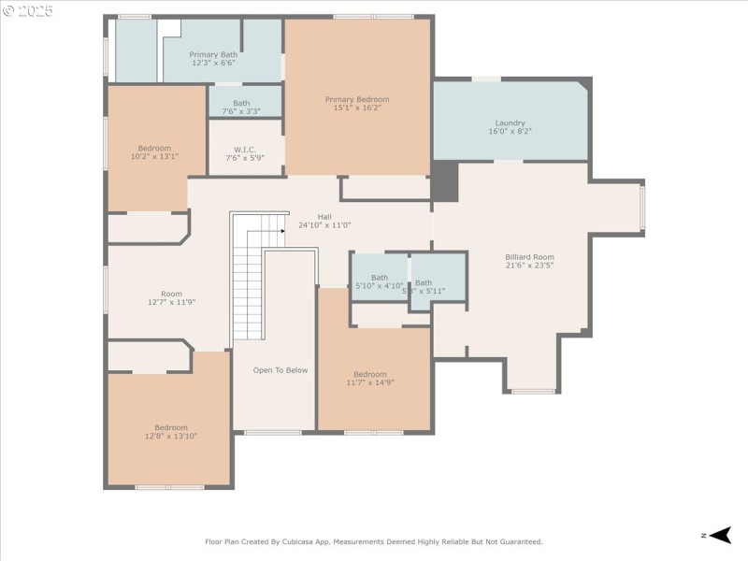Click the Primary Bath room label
[x=213, y=55]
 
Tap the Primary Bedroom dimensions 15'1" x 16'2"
[x=357, y=108]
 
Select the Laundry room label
[x=510, y=122]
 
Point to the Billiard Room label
[x=529, y=256]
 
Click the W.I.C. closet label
[x=245, y=149]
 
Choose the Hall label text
[x=324, y=217]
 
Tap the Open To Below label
[x=280, y=370]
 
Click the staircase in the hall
[x=248, y=280]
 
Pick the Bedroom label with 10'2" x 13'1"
[x=154, y=148]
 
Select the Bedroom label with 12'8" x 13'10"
[x=171, y=427]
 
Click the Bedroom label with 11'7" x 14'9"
[x=369, y=374]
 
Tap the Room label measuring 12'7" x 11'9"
[x=171, y=293]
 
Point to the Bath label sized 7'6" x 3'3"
[x=241, y=103]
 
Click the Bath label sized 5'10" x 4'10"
[x=379, y=278]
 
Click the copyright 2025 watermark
[x=28, y=11]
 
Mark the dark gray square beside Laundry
[x=445, y=181]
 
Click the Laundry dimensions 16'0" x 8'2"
[x=510, y=132]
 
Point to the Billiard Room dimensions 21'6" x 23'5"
[x=529, y=266]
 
